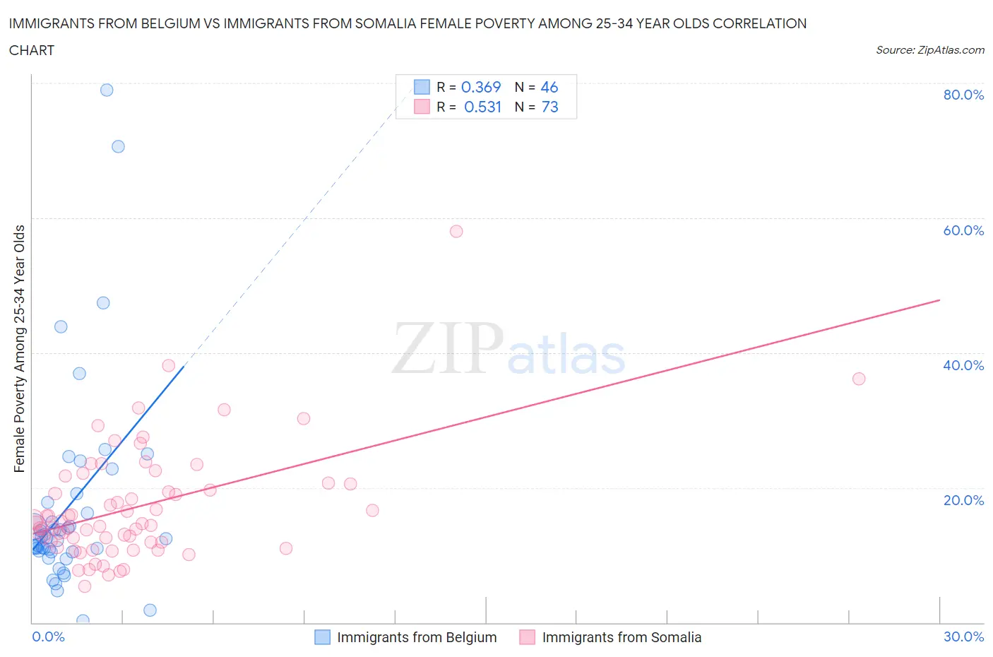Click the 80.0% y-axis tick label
click(963, 95)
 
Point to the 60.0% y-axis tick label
click(963, 230)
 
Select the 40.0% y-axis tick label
click(963, 365)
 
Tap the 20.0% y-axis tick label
click(963, 500)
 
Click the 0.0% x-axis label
click(48, 637)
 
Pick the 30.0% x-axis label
click(963, 637)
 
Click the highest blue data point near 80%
click(107, 90)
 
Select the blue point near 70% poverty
click(118, 146)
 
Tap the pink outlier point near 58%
click(456, 231)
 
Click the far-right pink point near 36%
click(859, 379)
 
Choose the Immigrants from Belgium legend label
click(417, 637)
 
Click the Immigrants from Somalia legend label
click(622, 637)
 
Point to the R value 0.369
click(481, 87)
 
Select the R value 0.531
click(482, 107)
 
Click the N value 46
click(549, 87)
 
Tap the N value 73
click(549, 107)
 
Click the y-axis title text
click(19, 348)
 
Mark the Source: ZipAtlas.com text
click(929, 49)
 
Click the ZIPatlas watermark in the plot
click(509, 349)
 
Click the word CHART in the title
click(32, 50)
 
